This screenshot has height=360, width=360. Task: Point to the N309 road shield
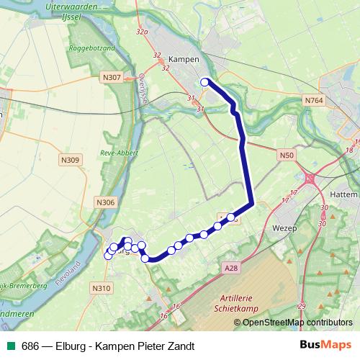point(71,161)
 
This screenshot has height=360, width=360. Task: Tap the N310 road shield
point(102,288)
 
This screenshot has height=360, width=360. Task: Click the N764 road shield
point(314,100)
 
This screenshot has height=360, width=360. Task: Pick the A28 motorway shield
point(230,268)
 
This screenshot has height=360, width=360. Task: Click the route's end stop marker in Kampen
point(204,82)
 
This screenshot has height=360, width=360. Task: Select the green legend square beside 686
point(10,346)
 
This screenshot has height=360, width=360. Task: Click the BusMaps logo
point(326,346)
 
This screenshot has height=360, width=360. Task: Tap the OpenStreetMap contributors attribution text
point(297,323)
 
